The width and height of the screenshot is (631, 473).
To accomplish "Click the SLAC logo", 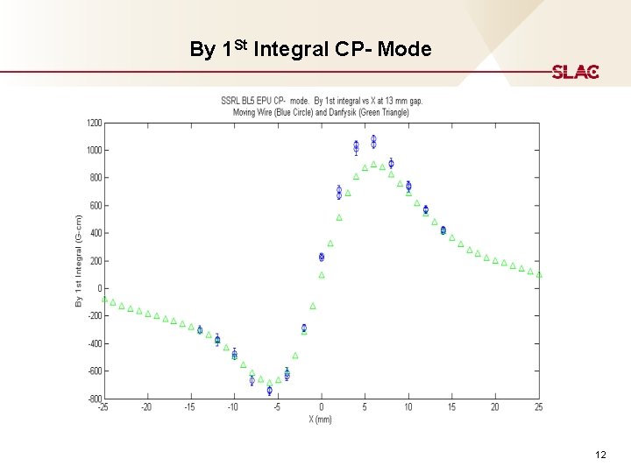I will click(x=575, y=72).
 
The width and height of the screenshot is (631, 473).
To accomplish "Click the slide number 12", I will click(x=600, y=455).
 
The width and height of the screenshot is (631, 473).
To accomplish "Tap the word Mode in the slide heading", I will click(x=405, y=50).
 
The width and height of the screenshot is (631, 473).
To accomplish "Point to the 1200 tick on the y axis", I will click(x=92, y=124).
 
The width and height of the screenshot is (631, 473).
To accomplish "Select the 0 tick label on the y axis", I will click(x=99, y=288).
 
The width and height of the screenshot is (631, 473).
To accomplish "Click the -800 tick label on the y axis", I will click(x=93, y=399).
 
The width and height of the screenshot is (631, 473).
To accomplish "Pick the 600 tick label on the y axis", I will click(x=95, y=206).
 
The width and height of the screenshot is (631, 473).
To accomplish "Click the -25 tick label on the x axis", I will click(x=103, y=407).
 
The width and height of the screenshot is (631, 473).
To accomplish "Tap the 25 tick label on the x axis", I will click(x=538, y=407).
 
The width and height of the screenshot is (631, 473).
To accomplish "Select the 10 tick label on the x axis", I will click(x=408, y=407).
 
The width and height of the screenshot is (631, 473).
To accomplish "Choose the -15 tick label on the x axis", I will click(x=189, y=407).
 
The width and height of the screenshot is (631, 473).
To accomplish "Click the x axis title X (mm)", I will click(x=321, y=419).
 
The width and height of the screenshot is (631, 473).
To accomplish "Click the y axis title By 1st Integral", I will click(x=79, y=260).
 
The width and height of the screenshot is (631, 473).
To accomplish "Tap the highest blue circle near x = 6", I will click(x=373, y=140).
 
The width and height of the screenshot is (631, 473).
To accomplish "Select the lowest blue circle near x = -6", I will click(x=269, y=391).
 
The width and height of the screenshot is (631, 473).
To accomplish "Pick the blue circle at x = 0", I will click(x=322, y=257).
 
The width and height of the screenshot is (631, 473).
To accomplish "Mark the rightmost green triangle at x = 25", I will click(x=539, y=275).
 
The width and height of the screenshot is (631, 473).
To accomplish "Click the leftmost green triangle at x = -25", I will click(x=104, y=300).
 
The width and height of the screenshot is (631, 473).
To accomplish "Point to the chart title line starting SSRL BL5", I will click(x=321, y=101).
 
